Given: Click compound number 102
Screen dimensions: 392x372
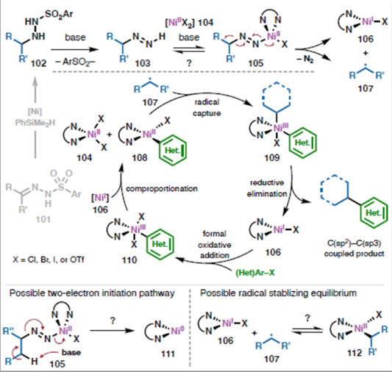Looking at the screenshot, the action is [38, 63].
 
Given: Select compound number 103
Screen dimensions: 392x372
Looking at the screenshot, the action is [143, 63].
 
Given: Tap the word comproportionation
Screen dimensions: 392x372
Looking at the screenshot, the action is [162, 189].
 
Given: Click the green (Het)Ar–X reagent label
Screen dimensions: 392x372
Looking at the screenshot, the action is [255, 272].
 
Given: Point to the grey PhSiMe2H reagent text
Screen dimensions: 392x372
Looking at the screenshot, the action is [35, 123].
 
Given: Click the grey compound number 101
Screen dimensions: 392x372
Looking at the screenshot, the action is [43, 219].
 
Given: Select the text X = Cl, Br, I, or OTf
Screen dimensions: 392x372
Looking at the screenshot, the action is [49, 260].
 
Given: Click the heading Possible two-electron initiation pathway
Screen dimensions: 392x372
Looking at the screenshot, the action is [92, 293].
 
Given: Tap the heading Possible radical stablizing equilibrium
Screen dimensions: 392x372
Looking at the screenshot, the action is [278, 293].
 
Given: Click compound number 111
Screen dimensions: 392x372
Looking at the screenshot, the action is [168, 354].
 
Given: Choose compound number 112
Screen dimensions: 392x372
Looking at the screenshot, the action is [354, 353].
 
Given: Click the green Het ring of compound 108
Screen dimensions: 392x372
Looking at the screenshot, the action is [173, 150].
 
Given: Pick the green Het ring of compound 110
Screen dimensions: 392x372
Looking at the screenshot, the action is [160, 244].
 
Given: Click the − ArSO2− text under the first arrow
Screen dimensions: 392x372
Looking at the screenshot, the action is [75, 62].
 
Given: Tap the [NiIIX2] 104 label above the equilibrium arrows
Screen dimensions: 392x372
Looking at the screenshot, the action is [189, 23].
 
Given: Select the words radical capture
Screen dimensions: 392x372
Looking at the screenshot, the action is [207, 107].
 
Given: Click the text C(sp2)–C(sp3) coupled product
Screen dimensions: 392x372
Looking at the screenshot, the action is [354, 248].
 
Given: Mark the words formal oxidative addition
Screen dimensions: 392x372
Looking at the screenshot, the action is [215, 245].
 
